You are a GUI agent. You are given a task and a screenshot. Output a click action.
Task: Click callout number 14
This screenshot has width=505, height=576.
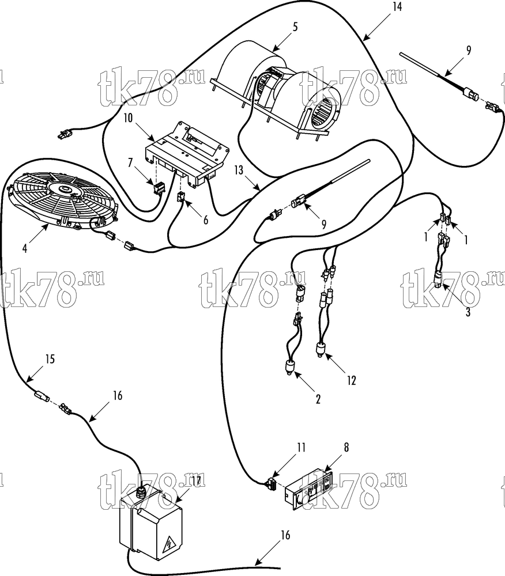pyautogui.click(x=397, y=6)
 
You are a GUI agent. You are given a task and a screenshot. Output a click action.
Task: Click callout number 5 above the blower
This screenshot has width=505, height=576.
pyautogui.click(x=295, y=27)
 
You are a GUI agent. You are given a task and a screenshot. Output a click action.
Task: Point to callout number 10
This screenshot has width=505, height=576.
pyautogui.click(x=128, y=119)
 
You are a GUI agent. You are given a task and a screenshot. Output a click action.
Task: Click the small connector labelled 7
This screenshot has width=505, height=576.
pyautogui.click(x=159, y=188)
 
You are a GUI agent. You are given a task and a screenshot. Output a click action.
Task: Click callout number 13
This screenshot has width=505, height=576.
pyautogui.click(x=239, y=170)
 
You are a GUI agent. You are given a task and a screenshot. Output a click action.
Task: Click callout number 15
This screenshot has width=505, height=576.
pyautogui.click(x=50, y=358)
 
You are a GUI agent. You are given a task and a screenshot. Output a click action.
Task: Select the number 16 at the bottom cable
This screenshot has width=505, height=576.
pyautogui.click(x=285, y=535)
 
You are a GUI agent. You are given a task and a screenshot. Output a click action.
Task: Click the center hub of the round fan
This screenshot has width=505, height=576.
pyautogui.click(x=66, y=190)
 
